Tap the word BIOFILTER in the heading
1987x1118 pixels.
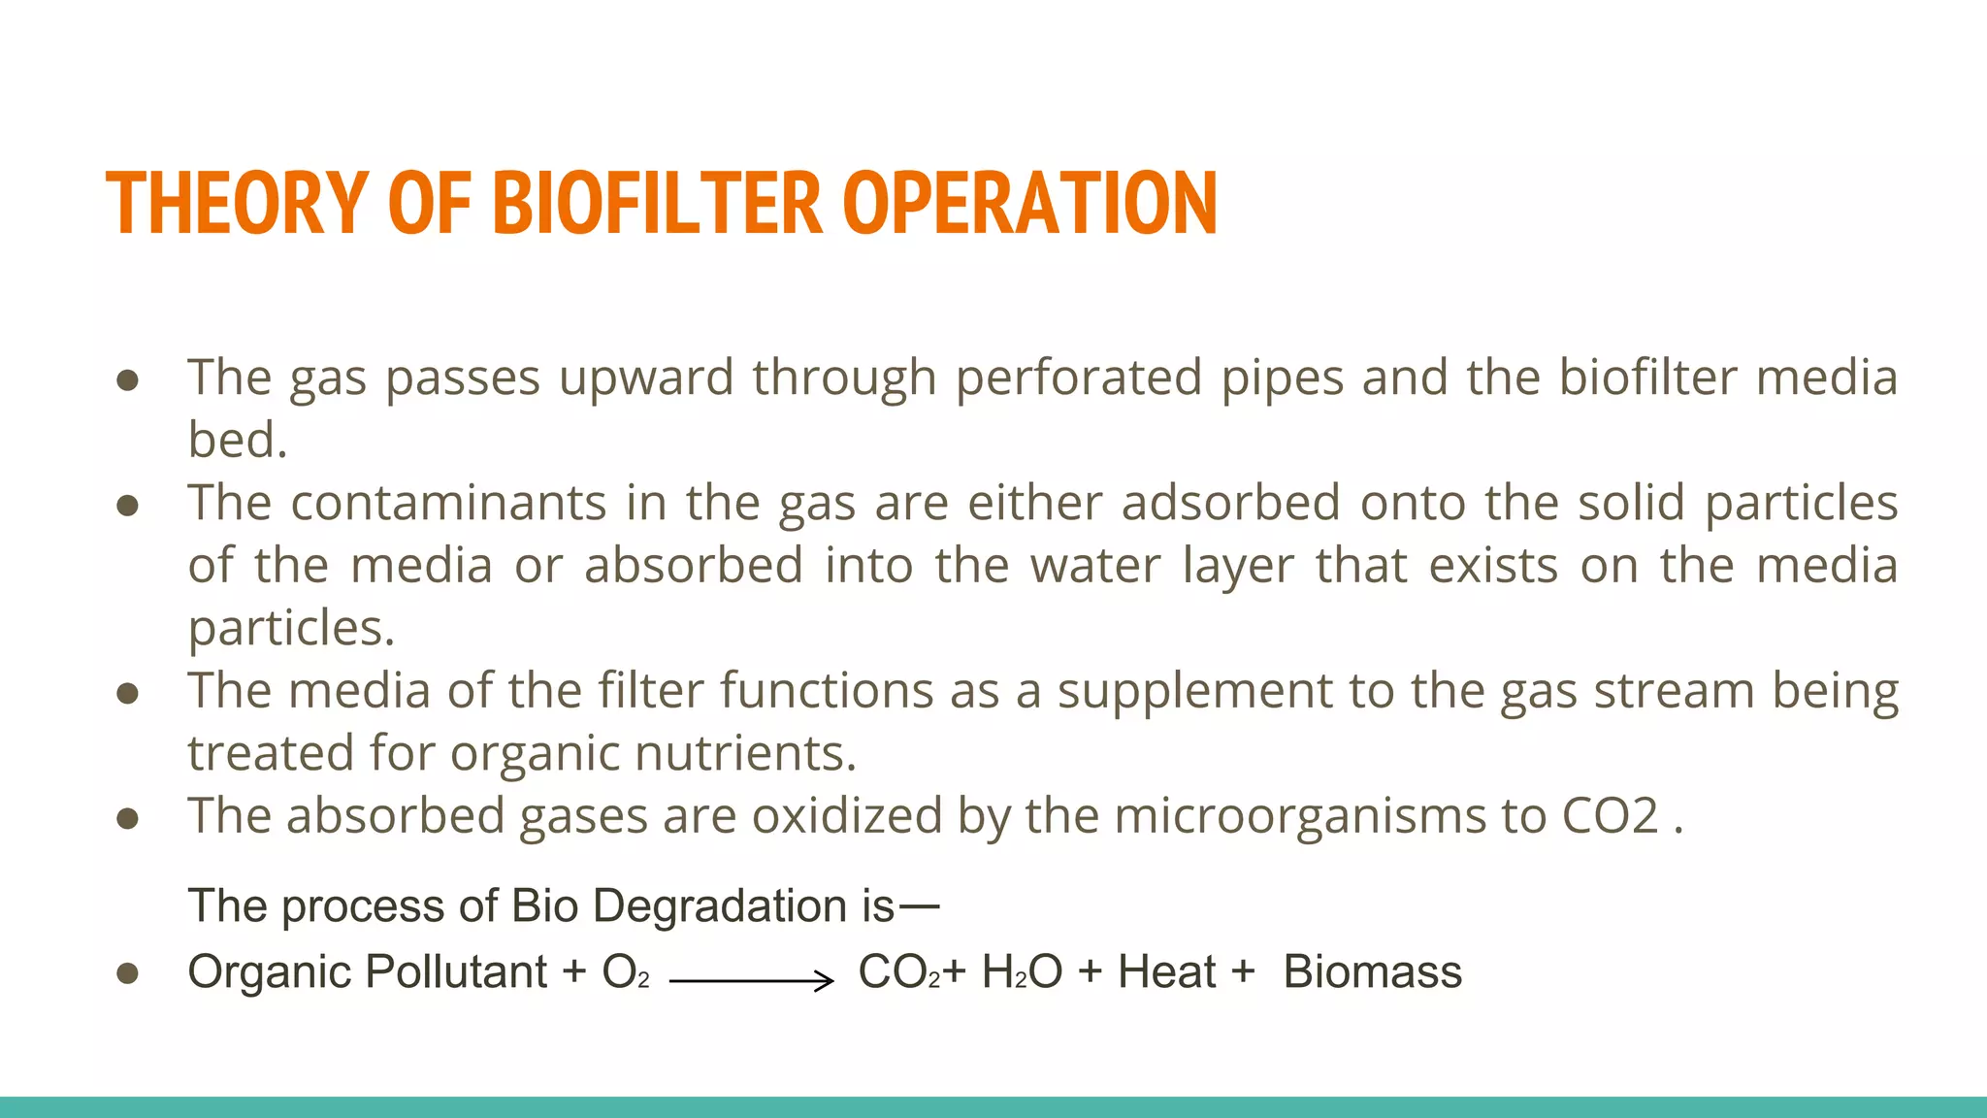pyautogui.click(x=658, y=204)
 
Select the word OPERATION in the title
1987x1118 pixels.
pyautogui.click(x=1030, y=204)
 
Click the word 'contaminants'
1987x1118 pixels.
pyautogui.click(x=448, y=503)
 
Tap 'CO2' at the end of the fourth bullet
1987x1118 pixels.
pyautogui.click(x=1610, y=815)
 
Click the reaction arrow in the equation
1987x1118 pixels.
pyautogui.click(x=752, y=981)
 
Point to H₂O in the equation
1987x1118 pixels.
pyautogui.click(x=1022, y=971)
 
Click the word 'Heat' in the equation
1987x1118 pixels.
pyautogui.click(x=1166, y=971)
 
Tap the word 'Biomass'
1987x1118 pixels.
pyautogui.click(x=1372, y=971)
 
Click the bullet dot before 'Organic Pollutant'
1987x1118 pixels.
pyautogui.click(x=127, y=973)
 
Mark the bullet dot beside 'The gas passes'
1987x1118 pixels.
pyautogui.click(x=127, y=380)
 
